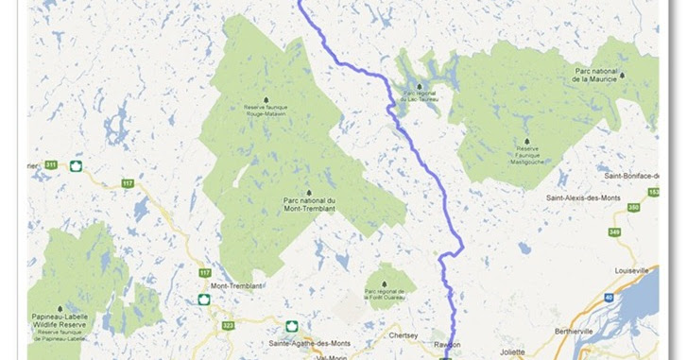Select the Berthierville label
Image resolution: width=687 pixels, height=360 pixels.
[x=579, y=333]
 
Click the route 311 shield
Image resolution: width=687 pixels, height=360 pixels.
[x=50, y=164]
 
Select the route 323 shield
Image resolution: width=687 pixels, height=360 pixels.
[x=227, y=325]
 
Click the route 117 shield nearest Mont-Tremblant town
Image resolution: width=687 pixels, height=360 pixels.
[x=204, y=273]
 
